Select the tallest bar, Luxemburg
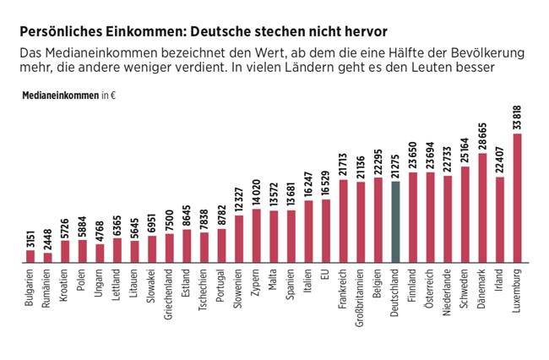coord(517,199)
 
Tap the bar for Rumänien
coord(48,258)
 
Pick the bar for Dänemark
coord(482,208)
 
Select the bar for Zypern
coord(257,236)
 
